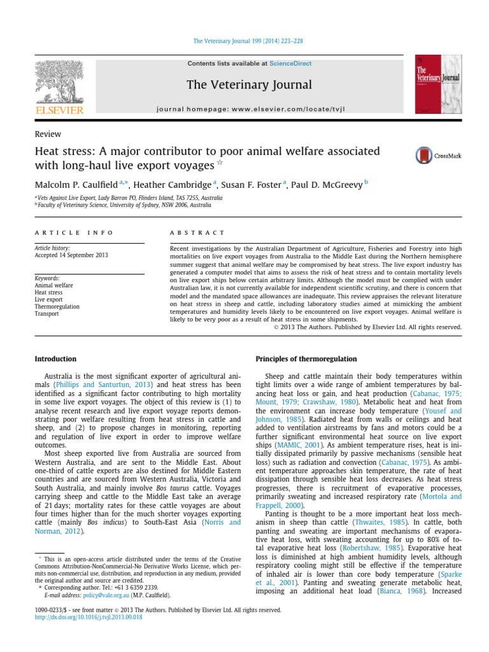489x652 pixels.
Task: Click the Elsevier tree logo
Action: pos(59,83)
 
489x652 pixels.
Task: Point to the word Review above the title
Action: pos(48,134)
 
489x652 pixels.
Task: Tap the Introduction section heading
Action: pos(55,359)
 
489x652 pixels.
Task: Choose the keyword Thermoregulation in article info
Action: pos(57,306)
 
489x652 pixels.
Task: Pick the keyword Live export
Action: pos(48,299)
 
